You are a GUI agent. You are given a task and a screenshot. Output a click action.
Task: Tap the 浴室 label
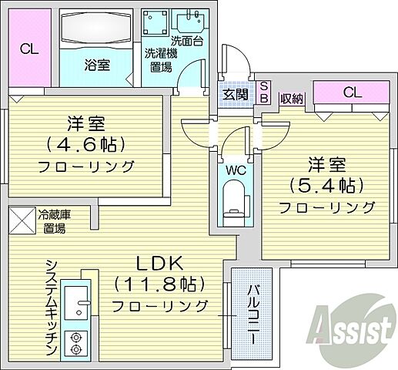click(98, 65)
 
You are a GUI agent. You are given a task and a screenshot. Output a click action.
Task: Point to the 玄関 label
click(236, 95)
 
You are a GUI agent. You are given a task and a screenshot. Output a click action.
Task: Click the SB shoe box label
click(263, 92)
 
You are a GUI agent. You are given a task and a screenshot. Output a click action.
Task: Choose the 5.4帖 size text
click(326, 184)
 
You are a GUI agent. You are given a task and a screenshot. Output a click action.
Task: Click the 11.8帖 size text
click(160, 284)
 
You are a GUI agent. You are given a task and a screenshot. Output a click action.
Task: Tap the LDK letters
click(160, 260)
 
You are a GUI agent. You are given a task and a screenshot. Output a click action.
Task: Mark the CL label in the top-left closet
click(29, 50)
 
